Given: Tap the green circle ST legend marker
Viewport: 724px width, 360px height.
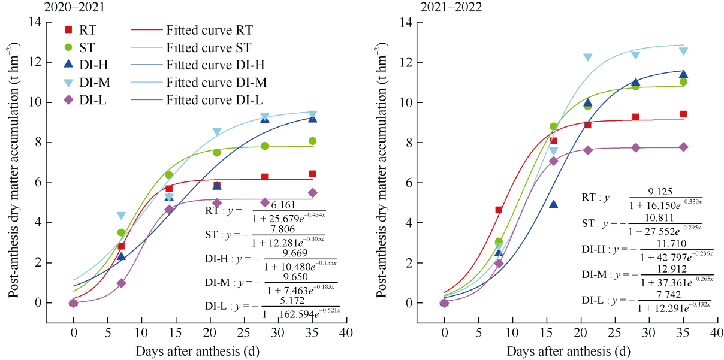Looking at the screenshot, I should click(x=68, y=47).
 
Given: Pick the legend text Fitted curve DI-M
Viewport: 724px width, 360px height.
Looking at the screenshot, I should click(x=217, y=82).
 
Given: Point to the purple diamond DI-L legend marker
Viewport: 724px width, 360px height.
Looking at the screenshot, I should click(x=68, y=99).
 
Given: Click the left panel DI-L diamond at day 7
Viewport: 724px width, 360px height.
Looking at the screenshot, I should click(x=121, y=283).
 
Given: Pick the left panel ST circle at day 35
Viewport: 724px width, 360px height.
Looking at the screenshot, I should click(x=312, y=141).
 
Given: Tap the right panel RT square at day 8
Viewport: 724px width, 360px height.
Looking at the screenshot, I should click(x=499, y=210).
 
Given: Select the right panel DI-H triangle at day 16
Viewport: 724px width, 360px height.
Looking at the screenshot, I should click(x=553, y=204).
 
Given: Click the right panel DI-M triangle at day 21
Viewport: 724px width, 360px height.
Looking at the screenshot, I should click(x=587, y=58).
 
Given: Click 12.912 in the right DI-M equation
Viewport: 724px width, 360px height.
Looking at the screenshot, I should click(x=669, y=269).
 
